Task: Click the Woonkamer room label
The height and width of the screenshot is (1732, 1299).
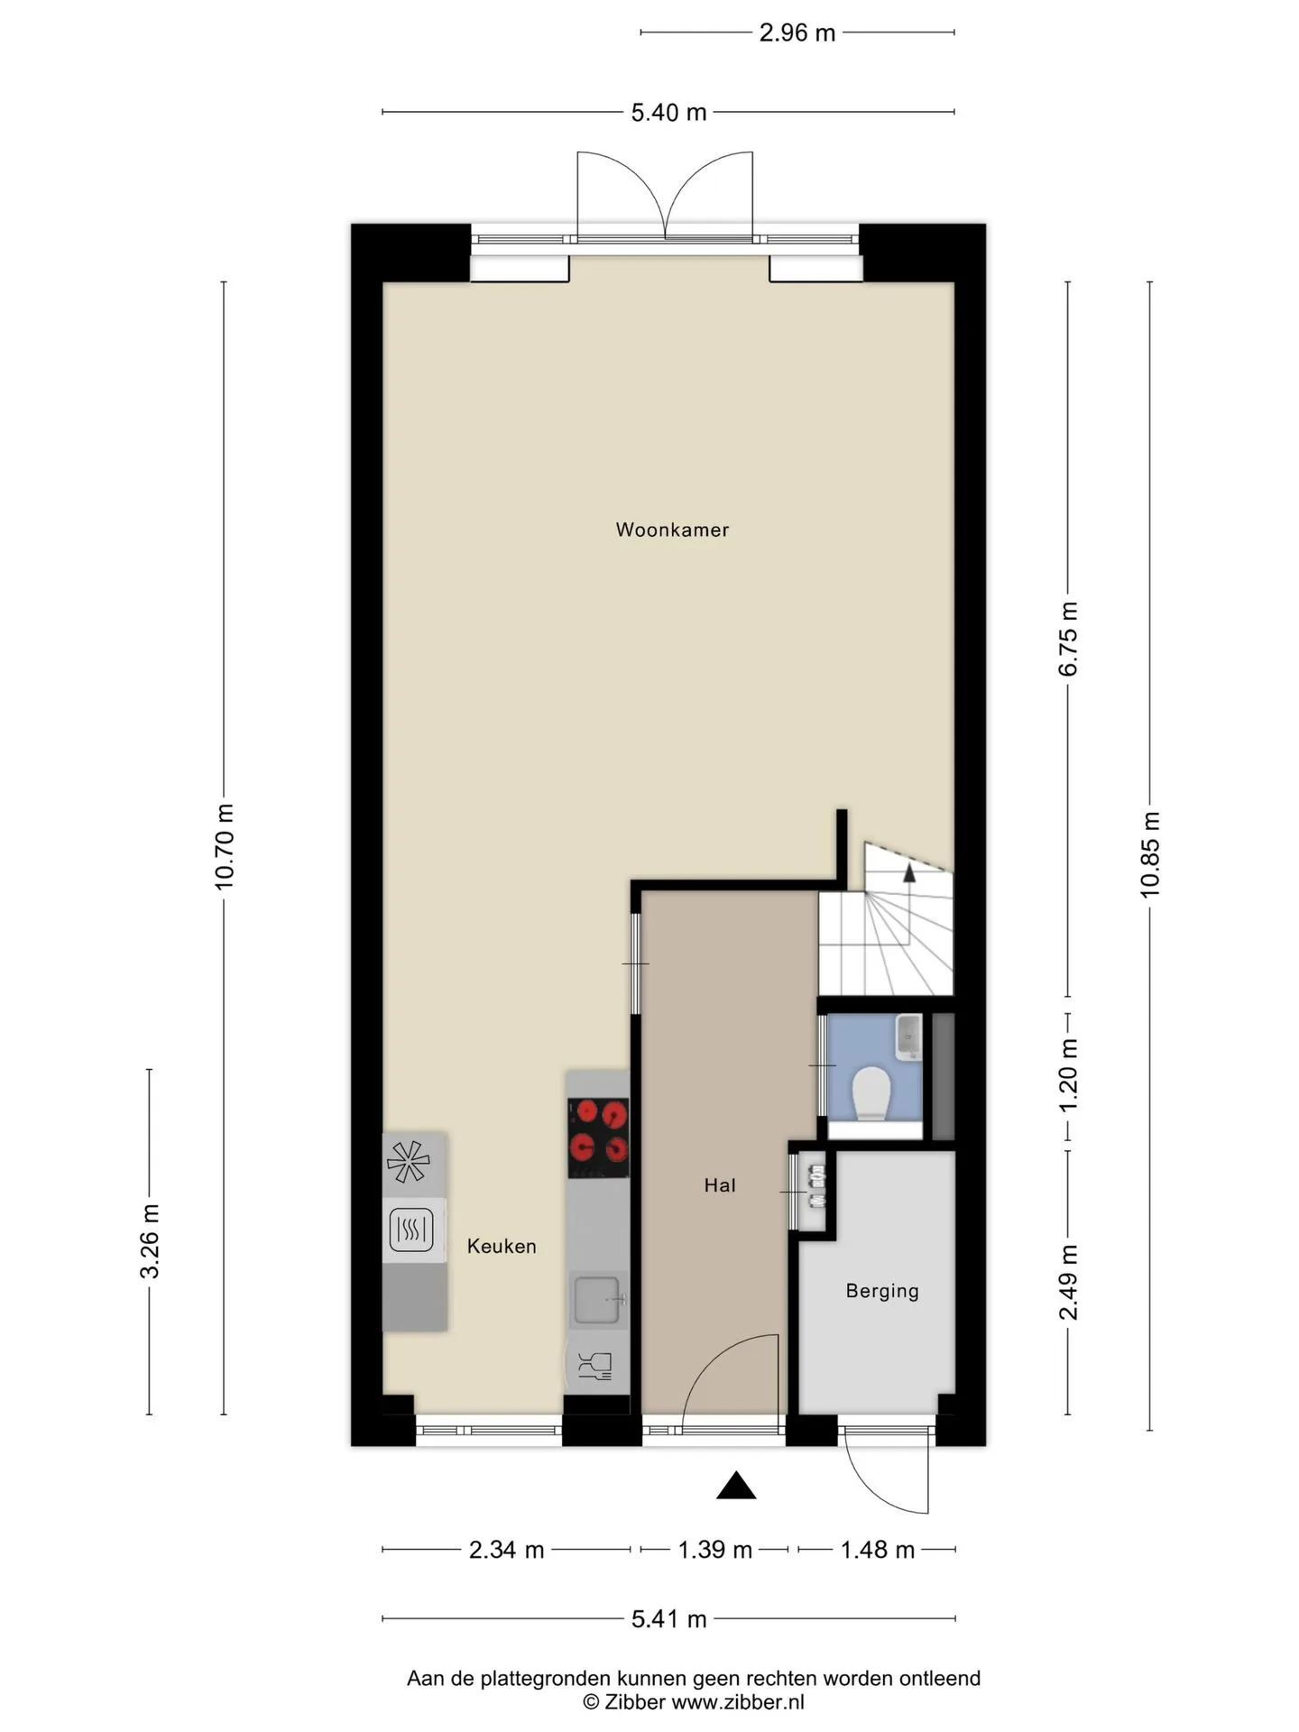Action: (672, 530)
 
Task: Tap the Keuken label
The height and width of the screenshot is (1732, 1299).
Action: (502, 1246)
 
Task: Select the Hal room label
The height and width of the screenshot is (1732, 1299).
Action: (720, 1185)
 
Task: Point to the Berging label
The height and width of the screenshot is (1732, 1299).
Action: (882, 1291)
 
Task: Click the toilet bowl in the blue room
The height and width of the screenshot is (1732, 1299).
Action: (871, 1093)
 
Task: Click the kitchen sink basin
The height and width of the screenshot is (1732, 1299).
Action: (598, 1300)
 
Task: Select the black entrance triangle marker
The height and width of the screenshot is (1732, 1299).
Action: (736, 1485)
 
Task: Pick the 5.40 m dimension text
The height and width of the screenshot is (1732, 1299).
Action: (668, 113)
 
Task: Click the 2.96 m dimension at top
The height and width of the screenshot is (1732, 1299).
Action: (797, 32)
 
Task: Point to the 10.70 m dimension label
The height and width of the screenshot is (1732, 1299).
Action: (224, 846)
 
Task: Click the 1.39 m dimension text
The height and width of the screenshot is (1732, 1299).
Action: (715, 1550)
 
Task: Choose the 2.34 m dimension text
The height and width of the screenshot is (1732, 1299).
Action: (506, 1550)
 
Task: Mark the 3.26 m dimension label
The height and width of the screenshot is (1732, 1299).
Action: (150, 1241)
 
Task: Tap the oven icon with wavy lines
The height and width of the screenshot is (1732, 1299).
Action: (412, 1229)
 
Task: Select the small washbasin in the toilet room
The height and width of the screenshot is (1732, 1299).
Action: (907, 1037)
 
